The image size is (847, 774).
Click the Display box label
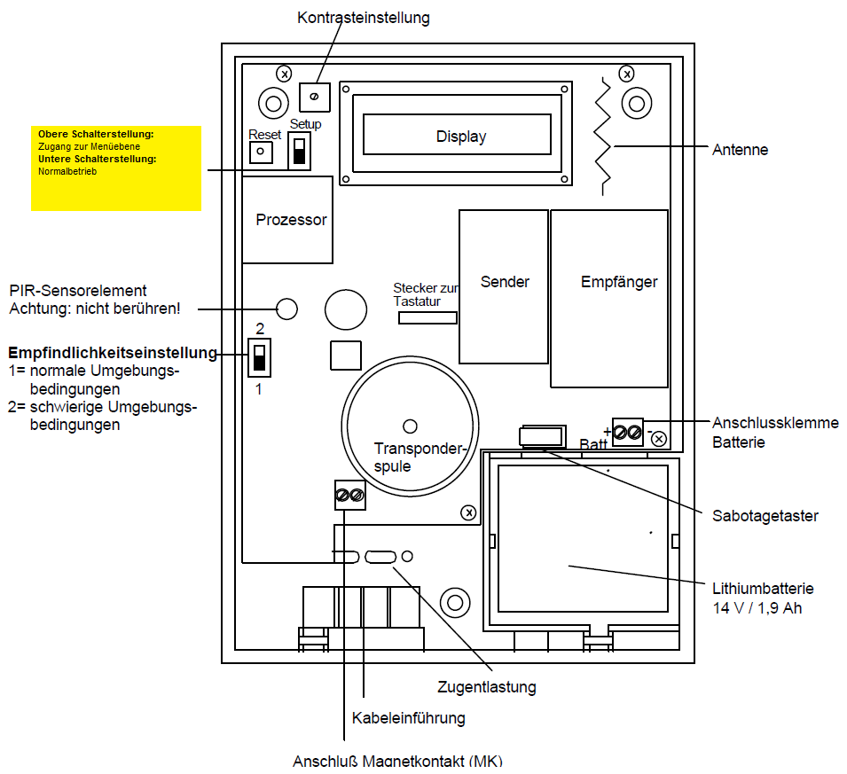[461, 137]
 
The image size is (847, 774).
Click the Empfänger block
[609, 297]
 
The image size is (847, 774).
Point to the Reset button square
[261, 152]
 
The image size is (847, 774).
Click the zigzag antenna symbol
[604, 137]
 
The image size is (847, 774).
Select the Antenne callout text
[740, 150]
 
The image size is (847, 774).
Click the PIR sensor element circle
[286, 309]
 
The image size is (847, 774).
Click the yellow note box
[116, 168]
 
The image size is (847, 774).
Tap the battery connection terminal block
[628, 433]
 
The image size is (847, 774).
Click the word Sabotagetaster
[765, 515]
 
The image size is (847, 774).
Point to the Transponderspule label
[406, 457]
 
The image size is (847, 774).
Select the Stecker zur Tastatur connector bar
[427, 317]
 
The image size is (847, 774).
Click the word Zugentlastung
[487, 686]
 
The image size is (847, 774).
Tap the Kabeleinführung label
[408, 717]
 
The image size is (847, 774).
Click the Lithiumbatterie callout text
[763, 598]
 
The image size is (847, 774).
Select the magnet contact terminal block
[349, 495]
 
